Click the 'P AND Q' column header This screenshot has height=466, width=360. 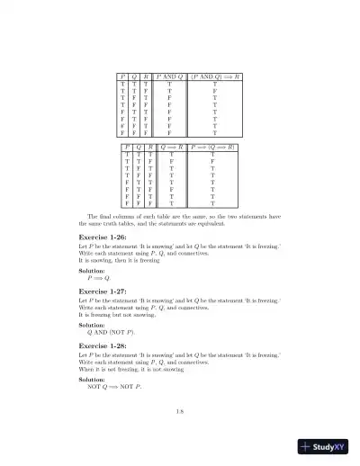(170, 78)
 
